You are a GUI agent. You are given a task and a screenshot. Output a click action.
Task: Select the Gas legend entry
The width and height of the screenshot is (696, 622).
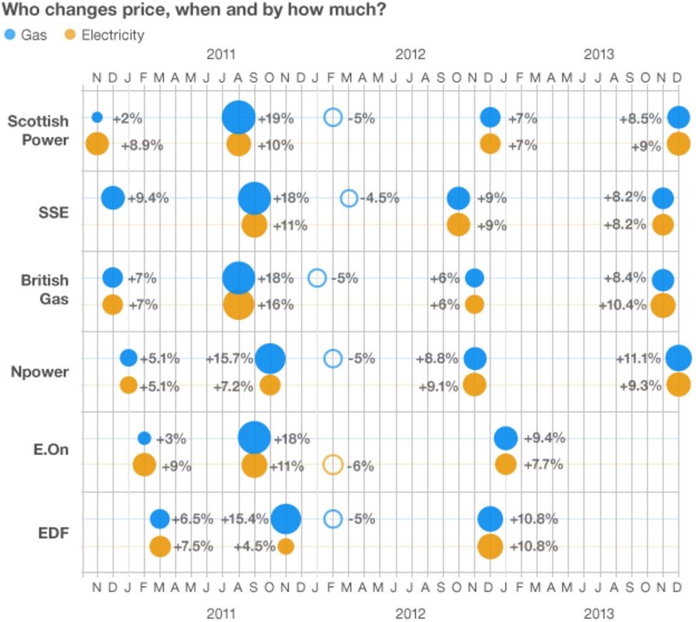point(26,34)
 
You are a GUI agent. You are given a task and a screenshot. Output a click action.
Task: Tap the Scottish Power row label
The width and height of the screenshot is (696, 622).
point(38,130)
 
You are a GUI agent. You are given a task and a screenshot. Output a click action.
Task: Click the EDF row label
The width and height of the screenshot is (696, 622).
point(53,532)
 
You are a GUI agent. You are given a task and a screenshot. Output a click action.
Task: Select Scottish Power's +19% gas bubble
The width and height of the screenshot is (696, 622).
point(239,118)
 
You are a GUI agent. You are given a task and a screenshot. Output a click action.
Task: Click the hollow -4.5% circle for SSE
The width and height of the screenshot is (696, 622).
point(349,198)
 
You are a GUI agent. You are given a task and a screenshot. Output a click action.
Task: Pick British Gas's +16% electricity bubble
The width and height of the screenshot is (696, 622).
point(239,305)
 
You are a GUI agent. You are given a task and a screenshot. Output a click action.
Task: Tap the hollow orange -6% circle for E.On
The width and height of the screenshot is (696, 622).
point(333,465)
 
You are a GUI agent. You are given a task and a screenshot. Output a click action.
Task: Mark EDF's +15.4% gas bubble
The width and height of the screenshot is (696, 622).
point(286,519)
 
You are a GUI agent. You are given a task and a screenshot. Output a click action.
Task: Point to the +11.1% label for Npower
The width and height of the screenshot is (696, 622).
point(639,359)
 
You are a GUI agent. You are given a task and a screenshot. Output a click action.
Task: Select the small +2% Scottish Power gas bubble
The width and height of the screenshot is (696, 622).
point(97,118)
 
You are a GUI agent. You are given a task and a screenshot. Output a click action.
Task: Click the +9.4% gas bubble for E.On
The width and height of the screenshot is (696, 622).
point(506,438)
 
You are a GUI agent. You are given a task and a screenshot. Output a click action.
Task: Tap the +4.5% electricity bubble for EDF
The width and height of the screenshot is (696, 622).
point(286,546)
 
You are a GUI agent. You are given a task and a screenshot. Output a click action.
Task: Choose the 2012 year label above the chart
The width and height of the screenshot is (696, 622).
point(411,54)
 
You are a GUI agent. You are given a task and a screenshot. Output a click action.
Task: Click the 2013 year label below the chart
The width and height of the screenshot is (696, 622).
point(599,613)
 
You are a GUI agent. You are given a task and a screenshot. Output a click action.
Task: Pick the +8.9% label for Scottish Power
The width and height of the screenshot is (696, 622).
point(142,145)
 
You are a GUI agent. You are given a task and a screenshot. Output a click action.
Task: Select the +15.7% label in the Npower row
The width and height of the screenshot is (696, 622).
point(230,359)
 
